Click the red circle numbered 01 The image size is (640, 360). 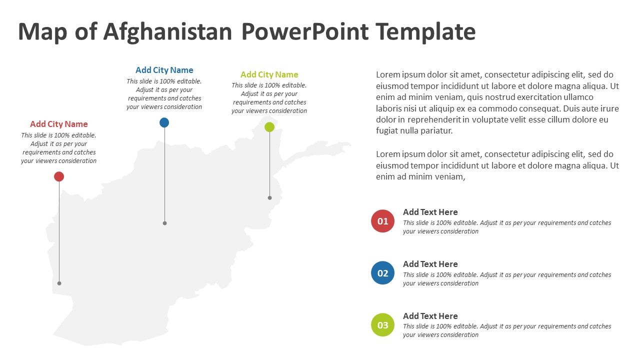(x=382, y=221)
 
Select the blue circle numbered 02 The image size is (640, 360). (x=382, y=273)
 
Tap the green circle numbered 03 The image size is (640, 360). (x=382, y=325)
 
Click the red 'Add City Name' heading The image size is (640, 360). (x=59, y=124)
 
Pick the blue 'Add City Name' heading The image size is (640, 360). (x=164, y=70)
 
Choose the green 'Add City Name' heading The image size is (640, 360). (x=269, y=74)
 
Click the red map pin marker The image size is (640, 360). (x=59, y=176)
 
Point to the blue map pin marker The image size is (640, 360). (x=164, y=122)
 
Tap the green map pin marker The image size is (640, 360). (x=269, y=127)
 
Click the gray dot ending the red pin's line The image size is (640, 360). (x=59, y=283)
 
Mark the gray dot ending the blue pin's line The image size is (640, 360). (x=164, y=223)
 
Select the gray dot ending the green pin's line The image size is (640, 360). (x=269, y=198)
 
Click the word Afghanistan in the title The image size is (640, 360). (x=167, y=32)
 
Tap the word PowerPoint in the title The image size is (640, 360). (x=305, y=32)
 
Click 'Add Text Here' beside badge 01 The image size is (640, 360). (x=430, y=212)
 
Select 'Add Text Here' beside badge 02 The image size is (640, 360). (x=430, y=264)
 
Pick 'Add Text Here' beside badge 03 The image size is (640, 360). (x=430, y=316)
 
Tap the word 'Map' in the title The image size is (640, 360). (x=43, y=32)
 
